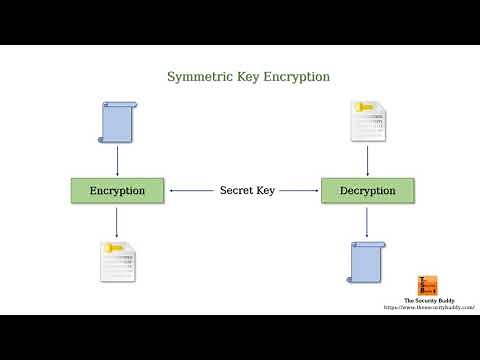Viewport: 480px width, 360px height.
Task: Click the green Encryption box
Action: tap(118, 190)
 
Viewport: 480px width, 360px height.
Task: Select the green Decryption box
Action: tap(368, 190)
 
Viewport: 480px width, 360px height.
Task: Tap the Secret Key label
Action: tap(246, 190)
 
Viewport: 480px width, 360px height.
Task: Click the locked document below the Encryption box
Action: tap(117, 262)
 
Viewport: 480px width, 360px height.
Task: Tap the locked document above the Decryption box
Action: tap(366, 121)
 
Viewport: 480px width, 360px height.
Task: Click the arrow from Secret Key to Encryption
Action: tap(190, 190)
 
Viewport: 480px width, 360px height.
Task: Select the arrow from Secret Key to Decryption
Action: tap(300, 190)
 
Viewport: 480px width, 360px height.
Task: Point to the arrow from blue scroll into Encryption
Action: tap(118, 160)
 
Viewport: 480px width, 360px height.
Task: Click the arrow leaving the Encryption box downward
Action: tap(118, 222)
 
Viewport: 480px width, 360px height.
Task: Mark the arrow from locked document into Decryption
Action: tap(368, 160)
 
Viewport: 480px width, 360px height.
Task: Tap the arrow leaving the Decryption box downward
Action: tap(368, 222)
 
